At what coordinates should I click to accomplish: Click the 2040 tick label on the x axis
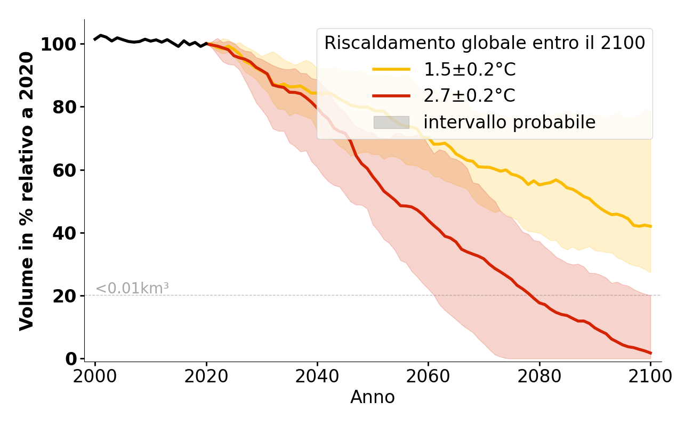(317, 376)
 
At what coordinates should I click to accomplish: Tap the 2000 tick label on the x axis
(95, 376)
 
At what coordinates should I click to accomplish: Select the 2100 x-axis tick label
(650, 376)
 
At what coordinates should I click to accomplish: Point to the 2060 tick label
(428, 376)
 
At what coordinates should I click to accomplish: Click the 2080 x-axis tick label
(539, 376)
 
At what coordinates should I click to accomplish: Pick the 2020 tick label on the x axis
(206, 376)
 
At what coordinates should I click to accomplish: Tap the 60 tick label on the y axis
(64, 170)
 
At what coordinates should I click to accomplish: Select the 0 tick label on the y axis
(70, 359)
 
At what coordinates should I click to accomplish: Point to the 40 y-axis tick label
(64, 233)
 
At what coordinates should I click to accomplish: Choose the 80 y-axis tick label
(64, 108)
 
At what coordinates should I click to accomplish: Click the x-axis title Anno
(373, 398)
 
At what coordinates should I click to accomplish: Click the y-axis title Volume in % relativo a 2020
(27, 191)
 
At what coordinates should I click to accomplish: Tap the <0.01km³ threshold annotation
(132, 289)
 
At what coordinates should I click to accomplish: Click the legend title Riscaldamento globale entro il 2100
(485, 43)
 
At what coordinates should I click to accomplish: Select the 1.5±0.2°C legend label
(470, 70)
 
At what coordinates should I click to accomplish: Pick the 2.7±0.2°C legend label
(470, 96)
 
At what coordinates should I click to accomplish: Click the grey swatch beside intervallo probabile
(391, 122)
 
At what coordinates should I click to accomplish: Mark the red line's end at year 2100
(650, 353)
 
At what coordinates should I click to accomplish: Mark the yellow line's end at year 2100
(650, 226)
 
